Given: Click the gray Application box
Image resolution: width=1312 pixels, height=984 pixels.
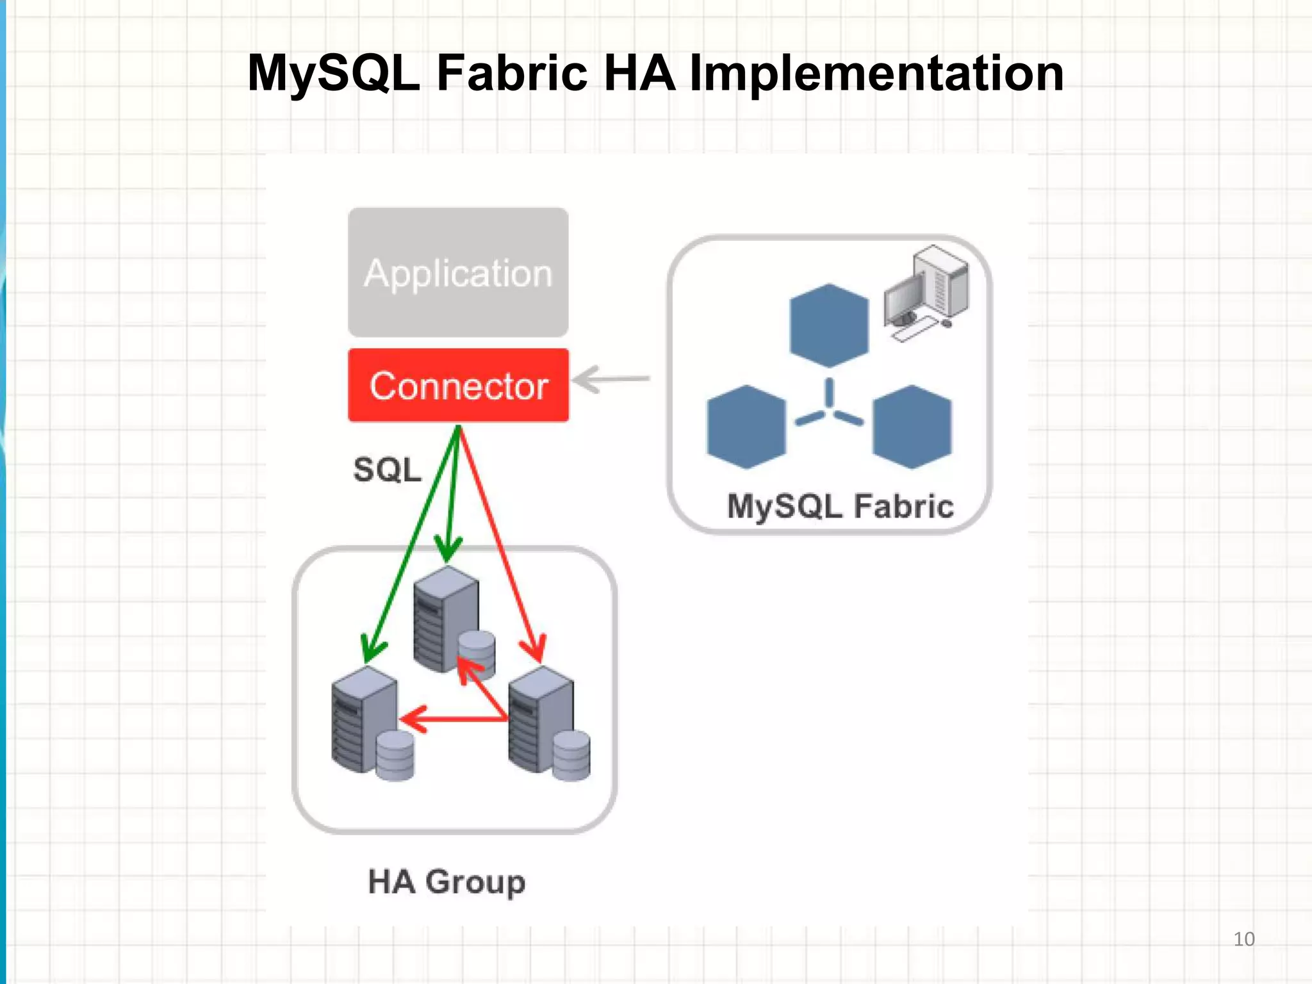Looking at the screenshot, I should [458, 272].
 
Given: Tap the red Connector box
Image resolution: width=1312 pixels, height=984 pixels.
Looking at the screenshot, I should [458, 385].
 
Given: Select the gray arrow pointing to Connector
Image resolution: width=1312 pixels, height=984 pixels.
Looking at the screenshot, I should [611, 379].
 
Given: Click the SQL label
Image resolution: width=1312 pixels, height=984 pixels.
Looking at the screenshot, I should [388, 470].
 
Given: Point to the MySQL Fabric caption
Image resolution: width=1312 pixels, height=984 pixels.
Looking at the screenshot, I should [840, 506].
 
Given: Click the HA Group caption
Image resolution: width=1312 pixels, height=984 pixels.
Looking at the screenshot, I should [447, 881].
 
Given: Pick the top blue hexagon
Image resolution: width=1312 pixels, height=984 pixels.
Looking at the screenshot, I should [829, 325].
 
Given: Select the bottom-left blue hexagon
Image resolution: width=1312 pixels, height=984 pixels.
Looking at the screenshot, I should [746, 427].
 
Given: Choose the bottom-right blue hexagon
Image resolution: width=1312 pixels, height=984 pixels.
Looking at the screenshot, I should [912, 427].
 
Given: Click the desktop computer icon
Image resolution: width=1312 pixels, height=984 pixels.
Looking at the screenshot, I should [926, 291].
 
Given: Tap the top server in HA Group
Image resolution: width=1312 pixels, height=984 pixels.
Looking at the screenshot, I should [446, 618].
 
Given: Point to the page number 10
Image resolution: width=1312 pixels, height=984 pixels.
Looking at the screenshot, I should [1243, 939].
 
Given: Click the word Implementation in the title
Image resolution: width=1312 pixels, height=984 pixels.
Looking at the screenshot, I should [876, 73].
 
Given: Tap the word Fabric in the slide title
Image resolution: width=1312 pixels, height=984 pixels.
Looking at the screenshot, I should [512, 73].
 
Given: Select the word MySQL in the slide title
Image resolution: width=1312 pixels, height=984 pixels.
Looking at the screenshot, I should [334, 73].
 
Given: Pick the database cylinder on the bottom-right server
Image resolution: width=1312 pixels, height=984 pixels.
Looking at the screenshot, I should [571, 756].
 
